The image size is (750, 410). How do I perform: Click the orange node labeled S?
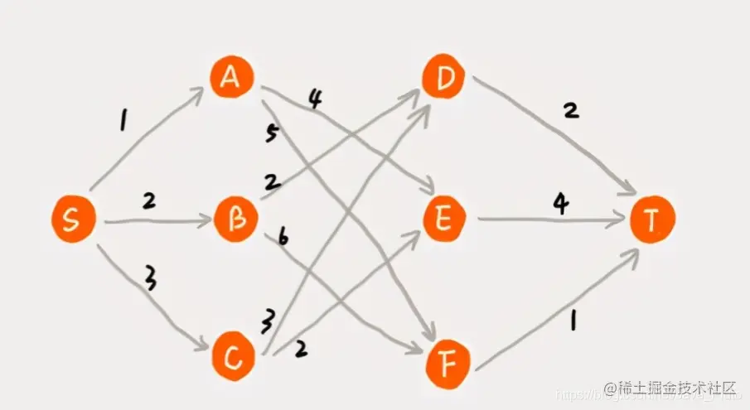73,219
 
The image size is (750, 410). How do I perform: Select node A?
233,79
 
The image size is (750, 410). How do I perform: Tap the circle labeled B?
236,220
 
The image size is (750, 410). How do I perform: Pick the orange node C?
235,356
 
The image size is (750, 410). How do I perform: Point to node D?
445,78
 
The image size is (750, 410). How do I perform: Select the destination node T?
653,220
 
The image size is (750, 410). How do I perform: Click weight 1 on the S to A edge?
123,123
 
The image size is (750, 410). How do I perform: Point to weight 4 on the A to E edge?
315,99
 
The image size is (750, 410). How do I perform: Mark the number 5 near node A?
271,135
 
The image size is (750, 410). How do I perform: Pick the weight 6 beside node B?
283,239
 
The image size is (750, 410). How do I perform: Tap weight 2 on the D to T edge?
570,110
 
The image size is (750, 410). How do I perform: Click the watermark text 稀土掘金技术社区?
670,388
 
